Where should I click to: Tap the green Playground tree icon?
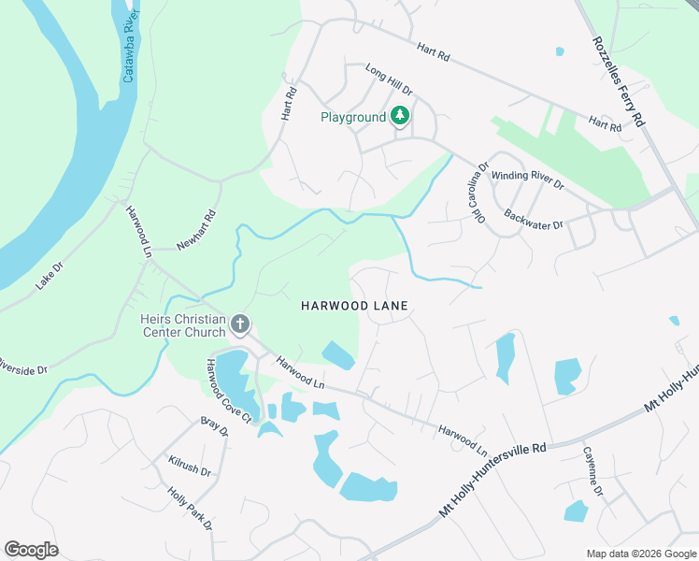click(401, 117)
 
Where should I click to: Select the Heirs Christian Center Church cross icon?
click(240, 325)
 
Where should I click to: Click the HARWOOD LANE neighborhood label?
click(355, 306)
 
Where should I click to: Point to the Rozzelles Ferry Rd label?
click(619, 82)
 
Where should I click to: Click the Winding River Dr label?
click(528, 179)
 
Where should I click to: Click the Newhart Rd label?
click(196, 230)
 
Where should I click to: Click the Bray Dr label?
click(214, 427)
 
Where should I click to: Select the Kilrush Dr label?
click(190, 465)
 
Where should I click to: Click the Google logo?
click(31, 550)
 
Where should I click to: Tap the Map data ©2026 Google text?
click(640, 554)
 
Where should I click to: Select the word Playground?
click(353, 117)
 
